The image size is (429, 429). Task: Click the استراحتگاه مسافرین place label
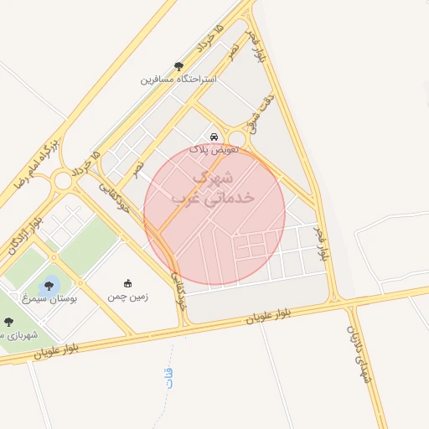(x=178, y=80)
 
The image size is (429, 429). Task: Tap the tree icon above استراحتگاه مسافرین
(x=178, y=66)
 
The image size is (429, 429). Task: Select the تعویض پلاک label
(x=214, y=148)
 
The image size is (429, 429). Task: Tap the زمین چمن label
(x=127, y=297)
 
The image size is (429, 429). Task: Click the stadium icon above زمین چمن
(x=127, y=283)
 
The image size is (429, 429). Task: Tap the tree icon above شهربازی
(x=8, y=322)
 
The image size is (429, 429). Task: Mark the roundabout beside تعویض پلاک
(x=237, y=138)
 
